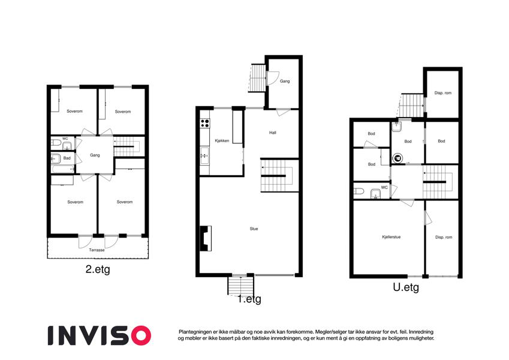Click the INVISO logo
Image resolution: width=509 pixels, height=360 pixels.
point(100,335)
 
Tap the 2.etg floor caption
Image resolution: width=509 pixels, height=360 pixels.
point(98,269)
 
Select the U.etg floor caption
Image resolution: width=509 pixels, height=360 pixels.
point(406,287)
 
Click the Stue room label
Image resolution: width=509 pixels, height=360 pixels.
point(254,229)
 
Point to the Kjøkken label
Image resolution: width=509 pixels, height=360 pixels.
point(222,140)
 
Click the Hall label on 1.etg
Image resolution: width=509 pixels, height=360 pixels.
point(273,133)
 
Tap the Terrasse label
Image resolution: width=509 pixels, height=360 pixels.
point(97,250)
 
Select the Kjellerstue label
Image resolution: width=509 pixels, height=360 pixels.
point(391,237)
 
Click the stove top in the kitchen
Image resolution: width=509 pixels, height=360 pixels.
point(205,123)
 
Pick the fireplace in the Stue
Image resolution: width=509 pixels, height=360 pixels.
point(206,238)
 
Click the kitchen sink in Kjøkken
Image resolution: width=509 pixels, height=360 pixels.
point(205,155)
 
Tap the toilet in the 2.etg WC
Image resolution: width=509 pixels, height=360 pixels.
point(56,143)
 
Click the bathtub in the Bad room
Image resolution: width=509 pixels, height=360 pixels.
point(63,169)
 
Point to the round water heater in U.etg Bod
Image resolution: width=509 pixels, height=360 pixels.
point(397,158)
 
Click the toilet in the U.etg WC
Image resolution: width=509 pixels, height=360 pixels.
point(359,191)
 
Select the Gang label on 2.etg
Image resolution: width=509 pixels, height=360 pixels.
point(95,155)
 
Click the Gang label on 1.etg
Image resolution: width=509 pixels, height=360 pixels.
point(285,81)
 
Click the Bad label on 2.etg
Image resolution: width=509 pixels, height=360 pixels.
point(67,158)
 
